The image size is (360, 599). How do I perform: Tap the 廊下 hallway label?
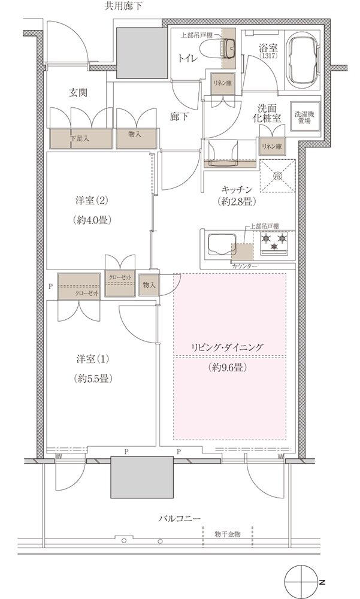point(177,117)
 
